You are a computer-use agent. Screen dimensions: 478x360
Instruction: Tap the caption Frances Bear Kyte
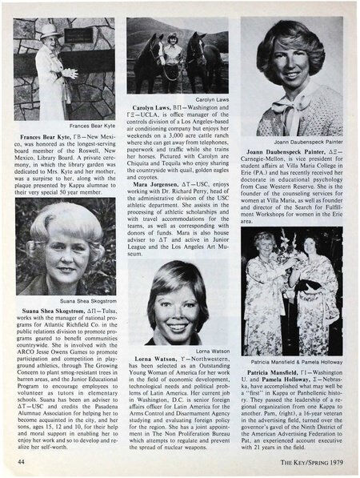89,127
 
